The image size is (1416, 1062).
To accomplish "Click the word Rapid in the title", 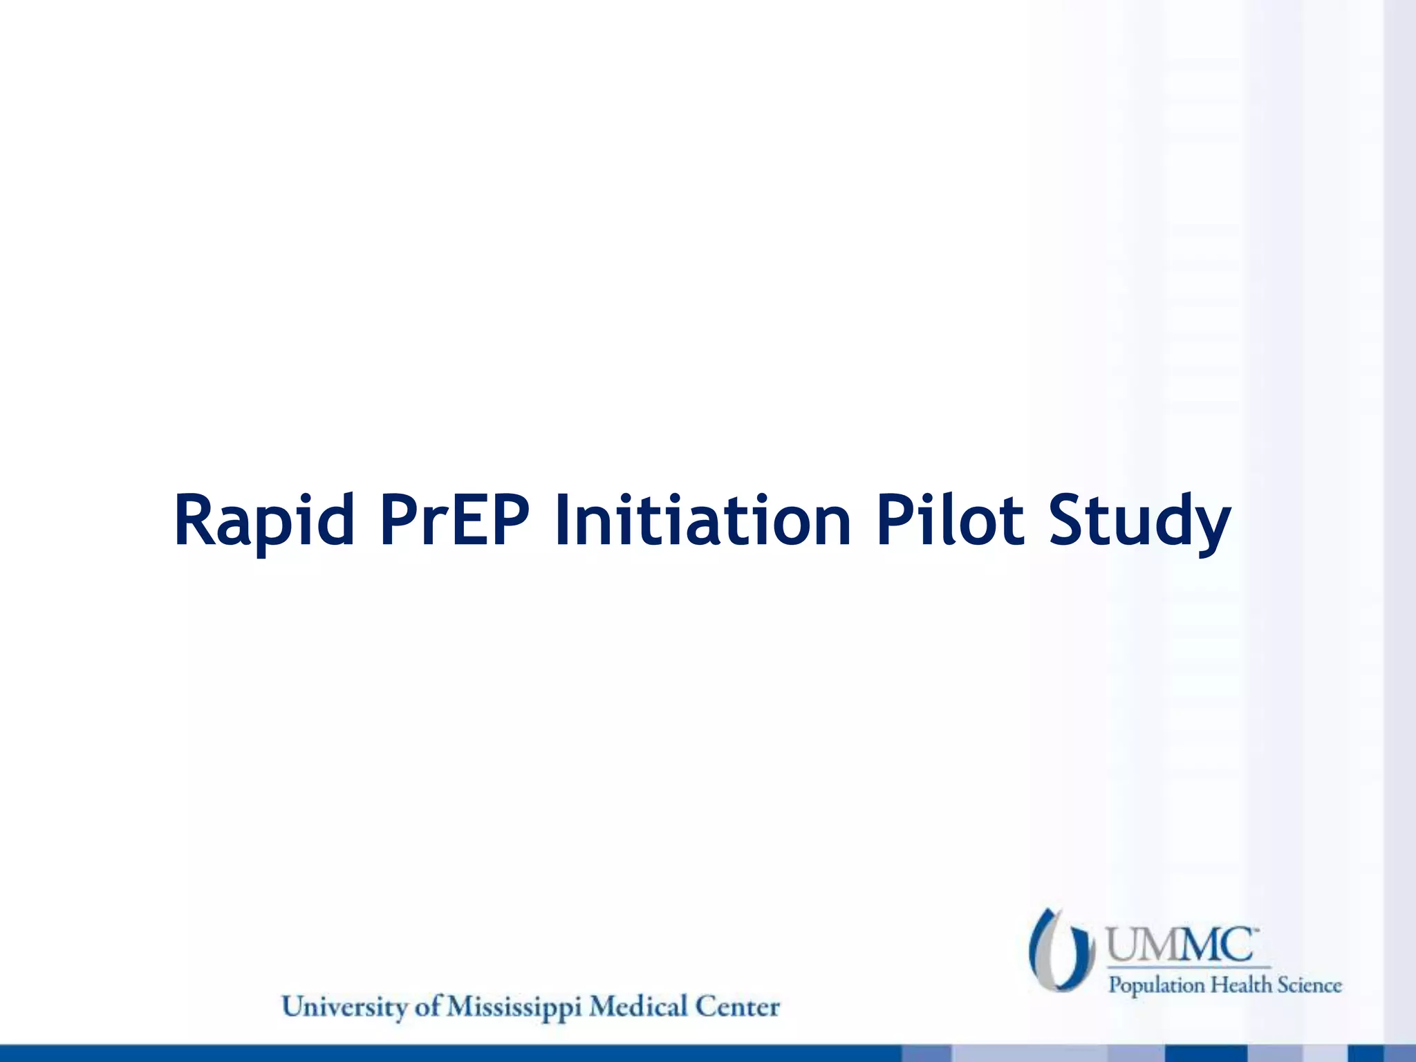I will pos(264,520).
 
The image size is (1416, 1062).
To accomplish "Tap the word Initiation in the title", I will pos(702,520).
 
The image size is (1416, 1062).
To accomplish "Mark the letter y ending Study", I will pos(1211,529).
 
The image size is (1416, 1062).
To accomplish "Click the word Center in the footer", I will pos(738,1007).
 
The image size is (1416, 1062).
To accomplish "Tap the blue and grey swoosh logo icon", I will pos(1061,950).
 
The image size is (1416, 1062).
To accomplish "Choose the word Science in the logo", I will pos(1310,985).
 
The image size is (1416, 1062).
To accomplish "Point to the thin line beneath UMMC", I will pos(1189,967).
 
